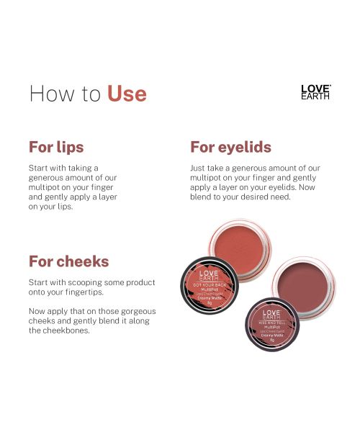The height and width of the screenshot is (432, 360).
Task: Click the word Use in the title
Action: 127,94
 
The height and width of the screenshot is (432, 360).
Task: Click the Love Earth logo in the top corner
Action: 315,91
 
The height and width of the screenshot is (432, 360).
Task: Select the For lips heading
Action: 56,147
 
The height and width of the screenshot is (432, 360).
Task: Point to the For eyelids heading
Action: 230,147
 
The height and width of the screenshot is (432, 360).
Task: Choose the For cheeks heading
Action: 68,261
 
